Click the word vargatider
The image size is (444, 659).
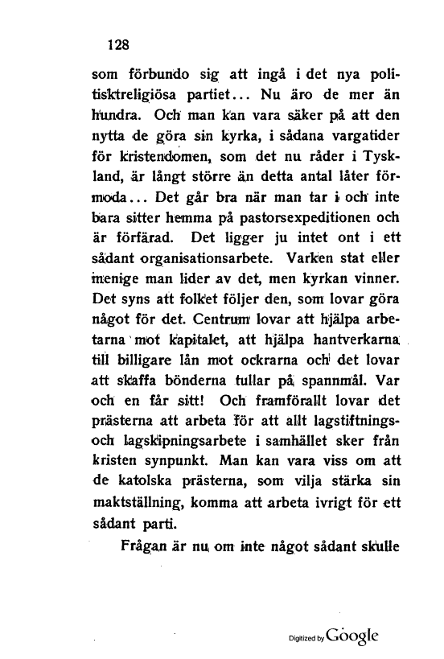point(360,125)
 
